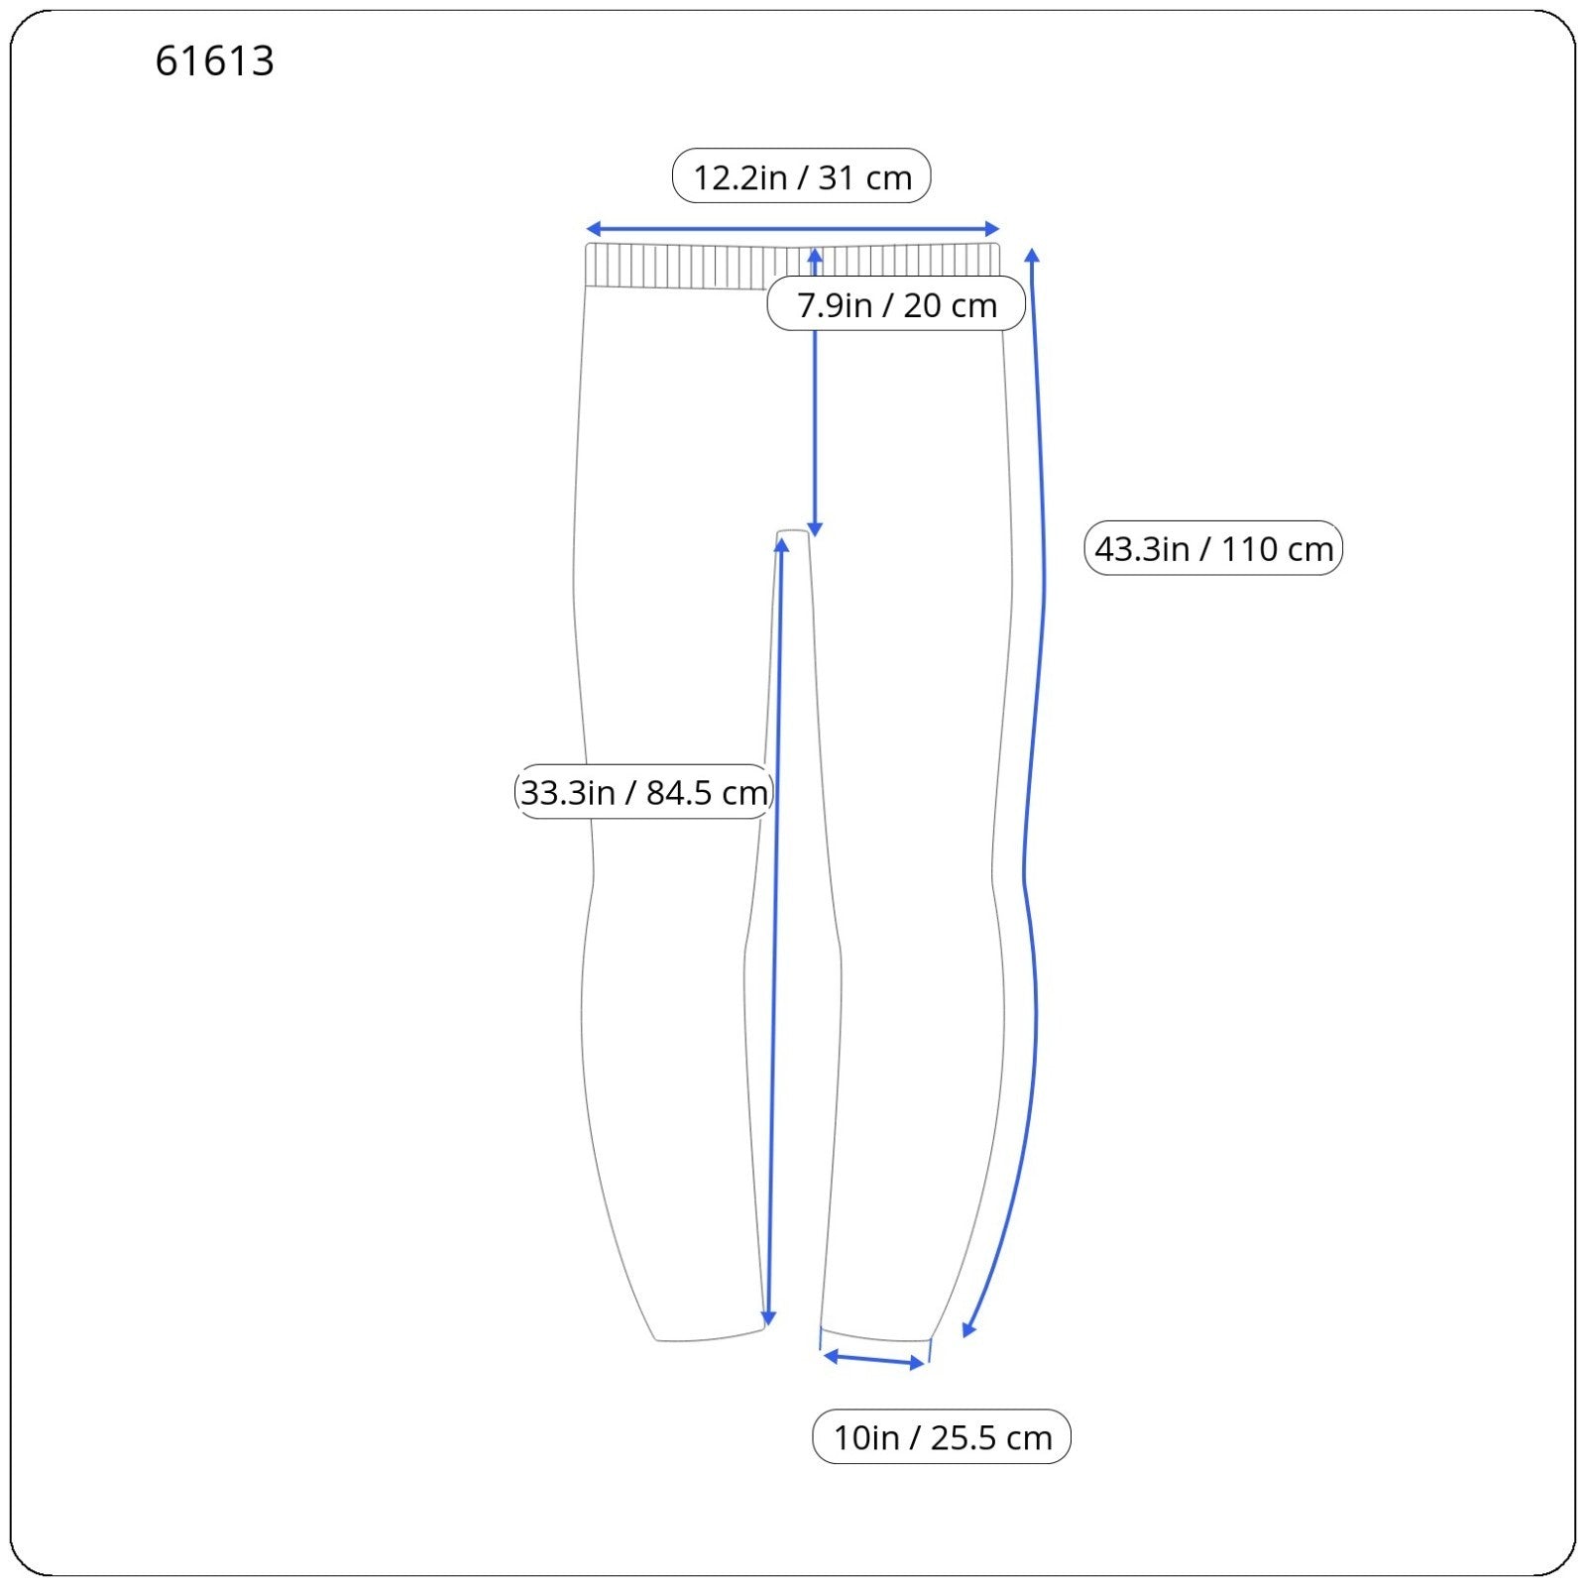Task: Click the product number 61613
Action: (x=214, y=60)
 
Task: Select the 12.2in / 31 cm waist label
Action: (x=801, y=176)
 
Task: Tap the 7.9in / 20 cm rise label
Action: (x=896, y=304)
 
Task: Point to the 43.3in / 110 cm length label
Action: (x=1213, y=548)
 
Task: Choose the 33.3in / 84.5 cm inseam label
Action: (x=644, y=792)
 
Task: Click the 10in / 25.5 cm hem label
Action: (x=942, y=1436)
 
